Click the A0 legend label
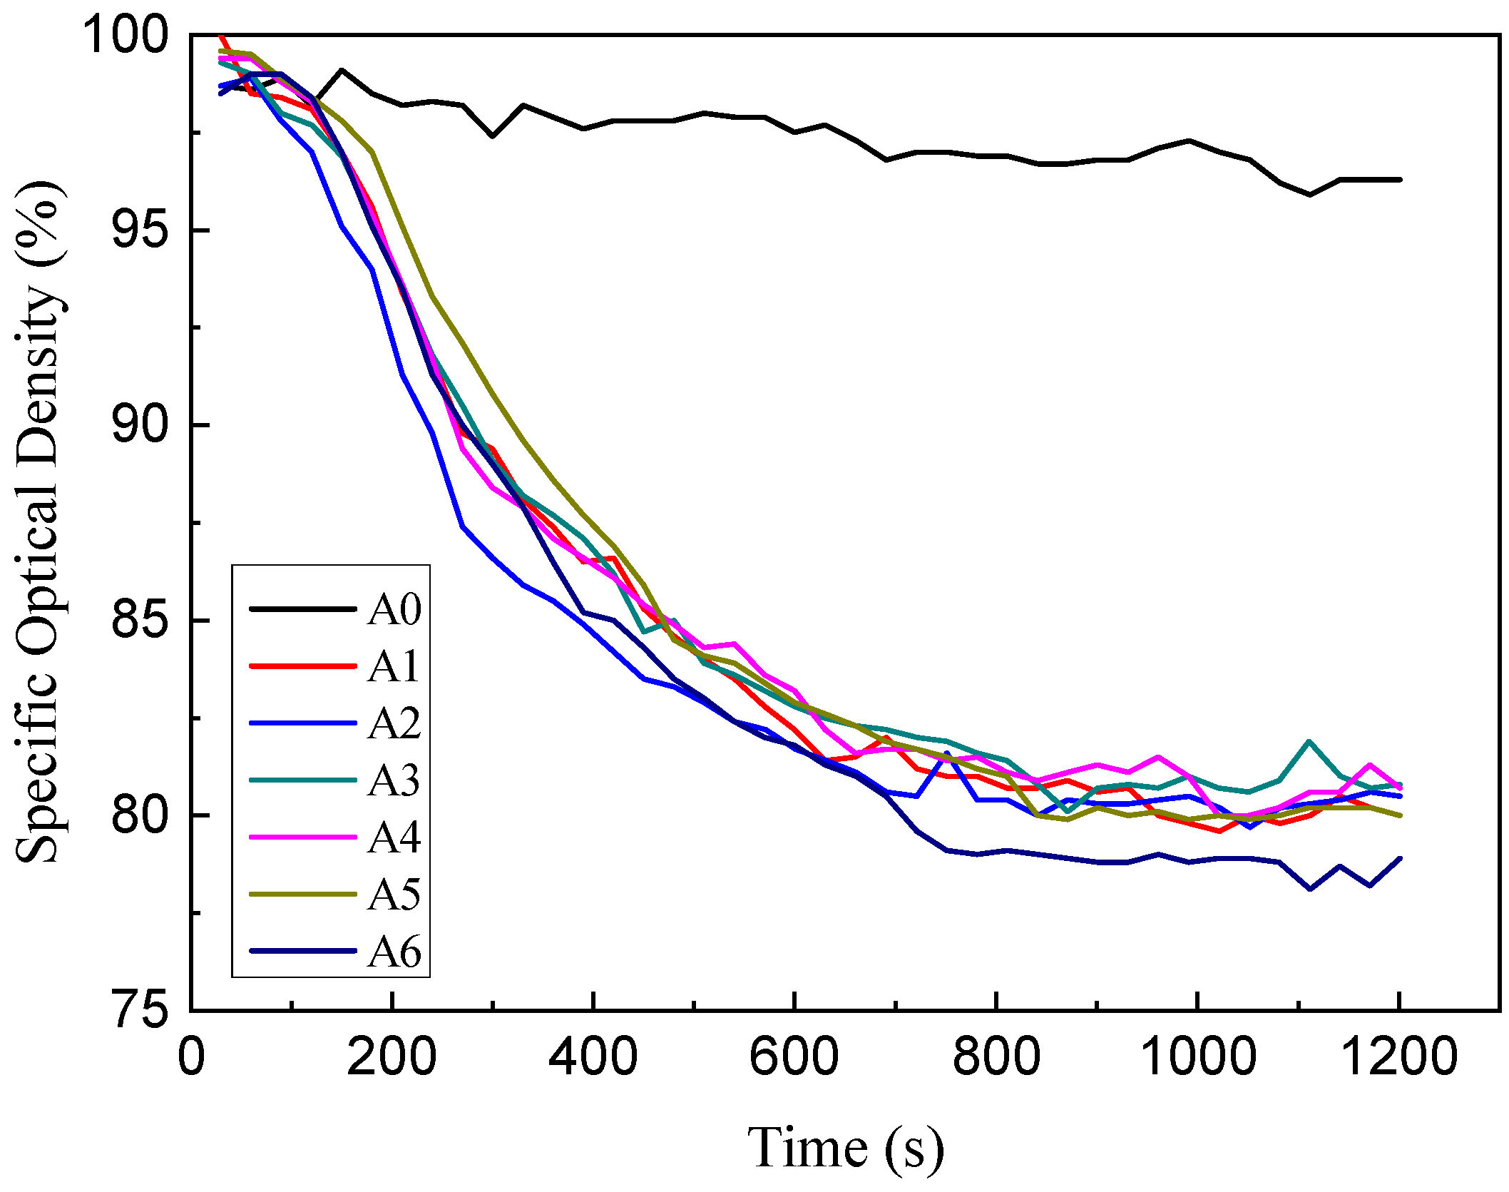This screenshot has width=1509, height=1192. [394, 610]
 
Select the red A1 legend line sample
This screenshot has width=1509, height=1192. [302, 666]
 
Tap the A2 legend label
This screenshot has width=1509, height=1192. [394, 724]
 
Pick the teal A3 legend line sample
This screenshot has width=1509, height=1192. [302, 780]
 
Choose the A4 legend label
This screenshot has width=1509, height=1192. [394, 837]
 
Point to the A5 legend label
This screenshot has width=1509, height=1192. [394, 895]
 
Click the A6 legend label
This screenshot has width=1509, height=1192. [394, 952]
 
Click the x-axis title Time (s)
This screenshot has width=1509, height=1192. [845, 1147]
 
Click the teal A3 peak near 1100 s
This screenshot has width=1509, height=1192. [1309, 742]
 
